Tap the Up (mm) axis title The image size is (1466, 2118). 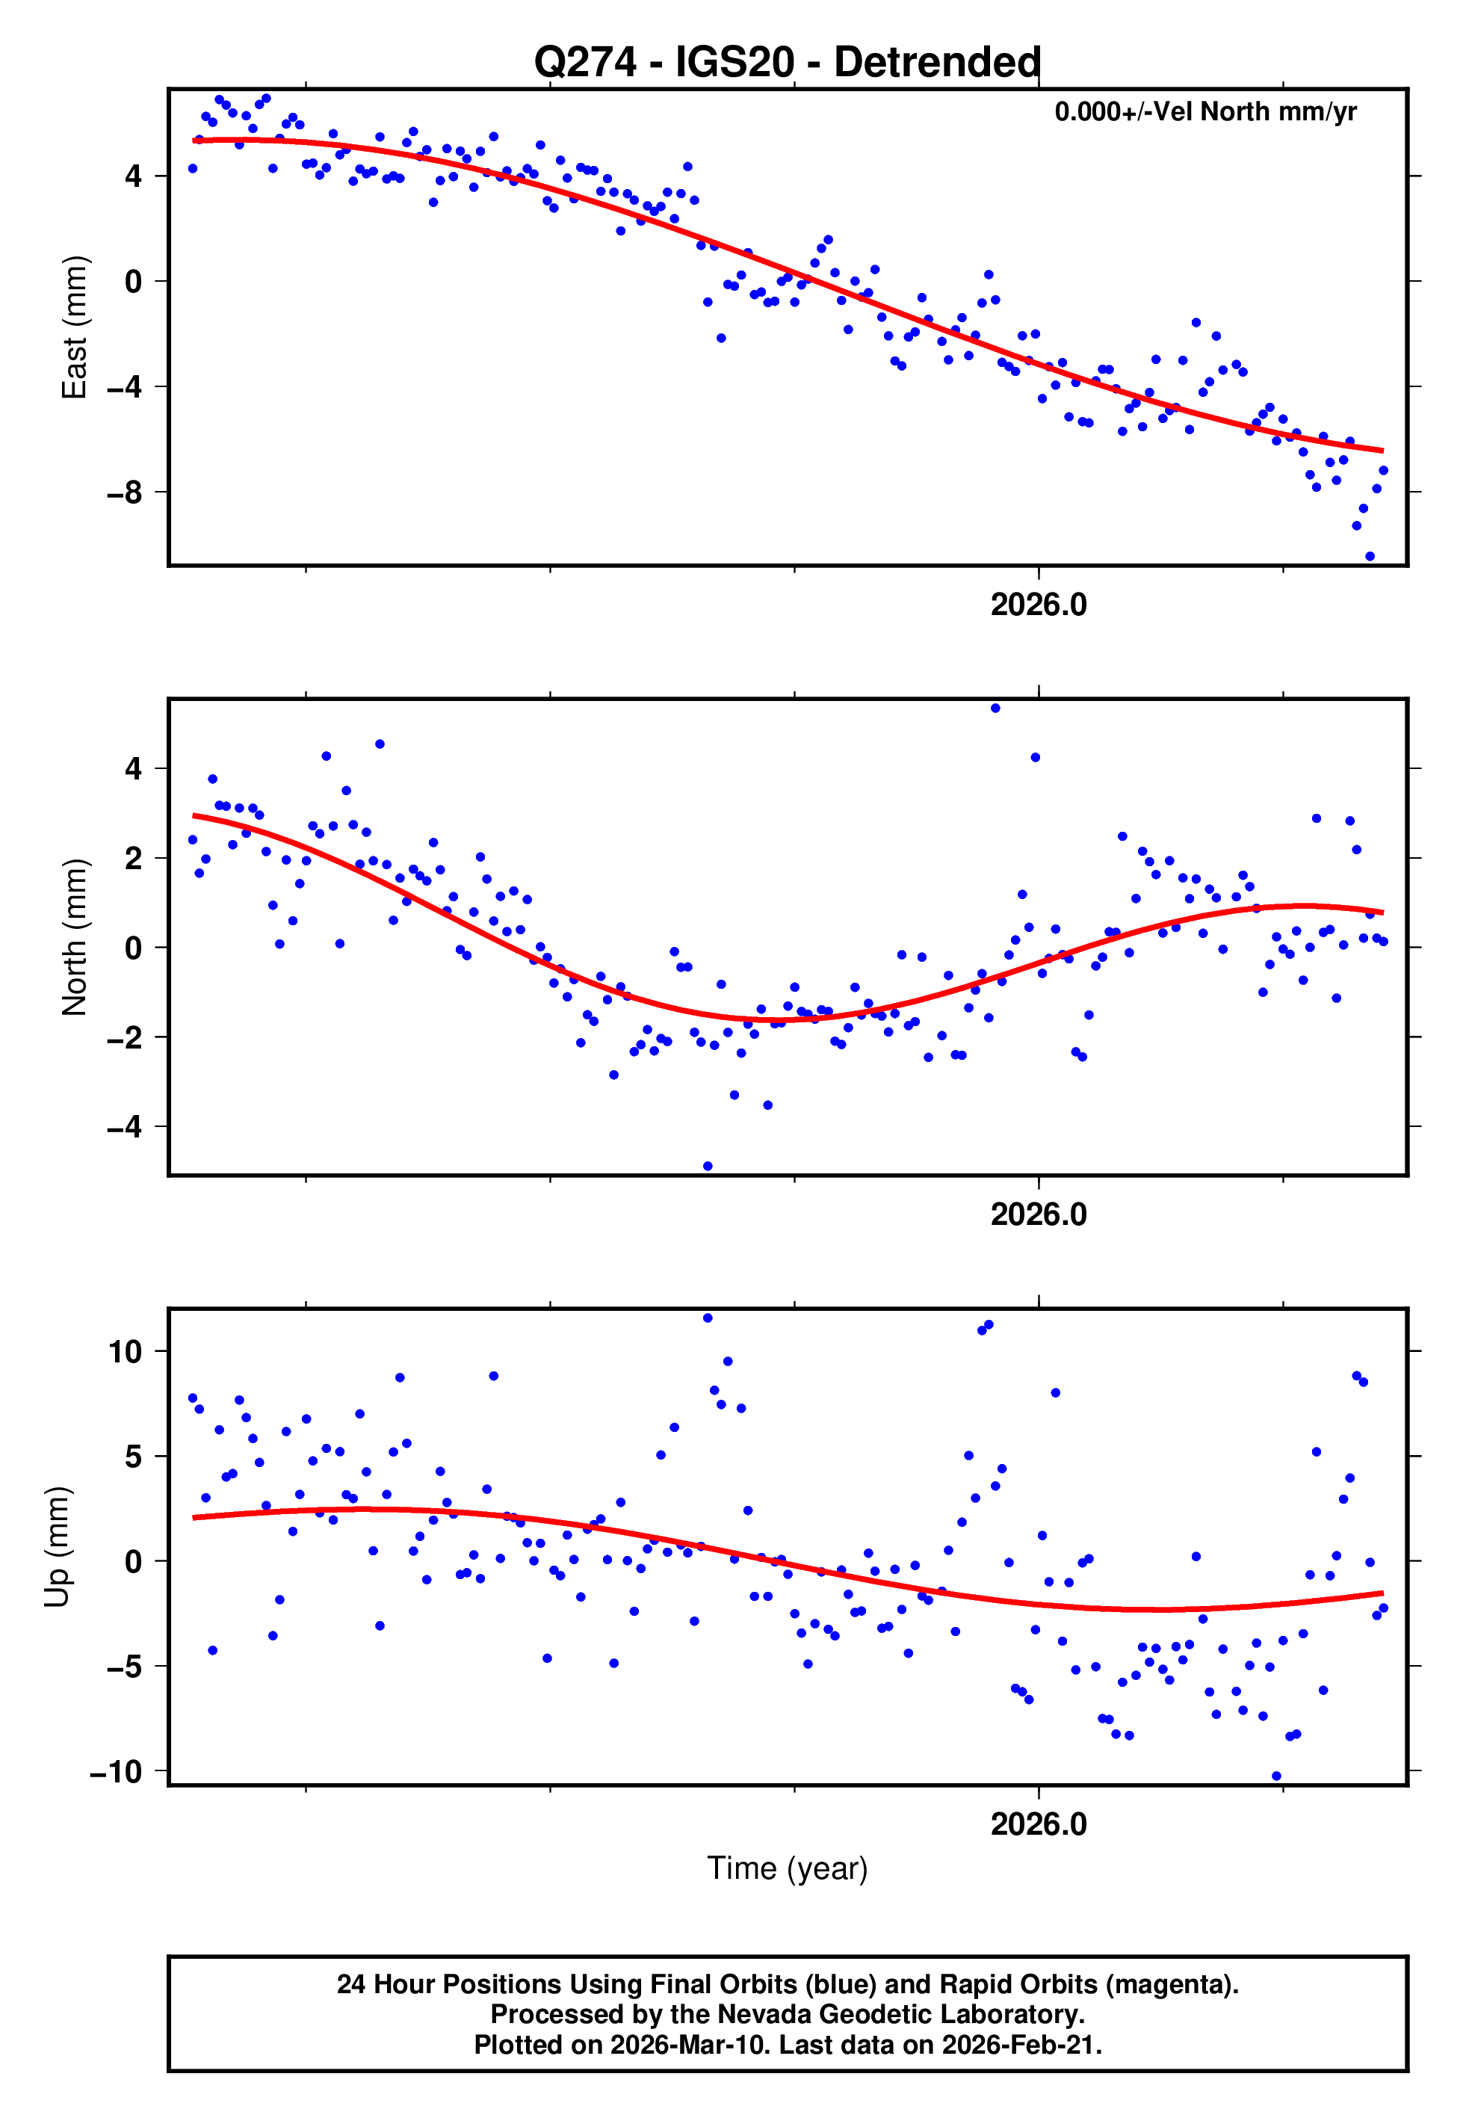pos(57,1547)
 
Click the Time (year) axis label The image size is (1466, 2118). pos(788,1868)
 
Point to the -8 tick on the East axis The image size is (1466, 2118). pos(125,493)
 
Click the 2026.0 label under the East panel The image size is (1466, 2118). pos(1038,605)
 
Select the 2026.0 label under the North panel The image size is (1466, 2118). pos(1038,1214)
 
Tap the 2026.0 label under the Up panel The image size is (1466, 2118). pos(1038,1824)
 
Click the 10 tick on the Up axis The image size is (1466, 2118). pos(126,1352)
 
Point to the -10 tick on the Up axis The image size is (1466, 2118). pos(117,1772)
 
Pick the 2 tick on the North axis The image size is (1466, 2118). pos(134,859)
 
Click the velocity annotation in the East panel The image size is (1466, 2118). pos(1205,112)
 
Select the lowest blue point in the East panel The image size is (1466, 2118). pos(1370,557)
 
